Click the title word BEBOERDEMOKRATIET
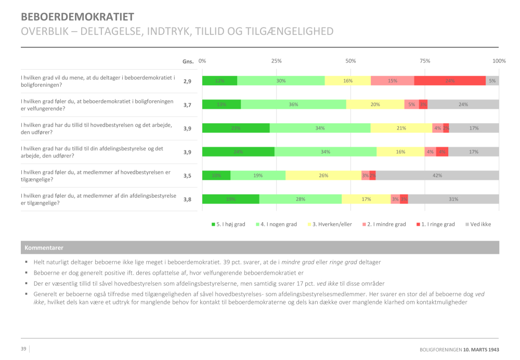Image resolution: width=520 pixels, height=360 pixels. pyautogui.click(x=77, y=17)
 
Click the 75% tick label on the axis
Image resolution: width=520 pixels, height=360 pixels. pyautogui.click(x=425, y=61)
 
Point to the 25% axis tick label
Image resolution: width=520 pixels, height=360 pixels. pyautogui.click(x=277, y=61)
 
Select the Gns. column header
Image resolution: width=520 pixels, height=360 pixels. pyautogui.click(x=188, y=61)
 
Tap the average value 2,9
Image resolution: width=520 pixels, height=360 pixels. pyautogui.click(x=187, y=81)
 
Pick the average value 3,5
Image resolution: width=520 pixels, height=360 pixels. pyautogui.click(x=187, y=176)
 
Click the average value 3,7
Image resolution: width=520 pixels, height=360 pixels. pyautogui.click(x=187, y=105)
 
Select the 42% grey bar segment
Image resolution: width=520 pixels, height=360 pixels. pyautogui.click(x=437, y=175)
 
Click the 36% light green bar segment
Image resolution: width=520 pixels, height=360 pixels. pyautogui.click(x=293, y=104)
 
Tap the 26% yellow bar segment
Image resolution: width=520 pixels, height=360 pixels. pyautogui.click(x=323, y=175)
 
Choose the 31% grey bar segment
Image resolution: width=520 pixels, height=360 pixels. pyautogui.click(x=453, y=199)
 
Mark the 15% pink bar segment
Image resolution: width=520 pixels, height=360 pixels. pyautogui.click(x=393, y=81)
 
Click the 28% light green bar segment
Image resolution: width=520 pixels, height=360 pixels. pyautogui.click(x=301, y=199)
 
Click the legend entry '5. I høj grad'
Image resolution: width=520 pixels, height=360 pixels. pyautogui.click(x=228, y=224)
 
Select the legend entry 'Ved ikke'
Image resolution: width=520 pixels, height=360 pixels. pyautogui.click(x=478, y=224)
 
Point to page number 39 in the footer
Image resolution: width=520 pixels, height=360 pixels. pyautogui.click(x=23, y=349)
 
